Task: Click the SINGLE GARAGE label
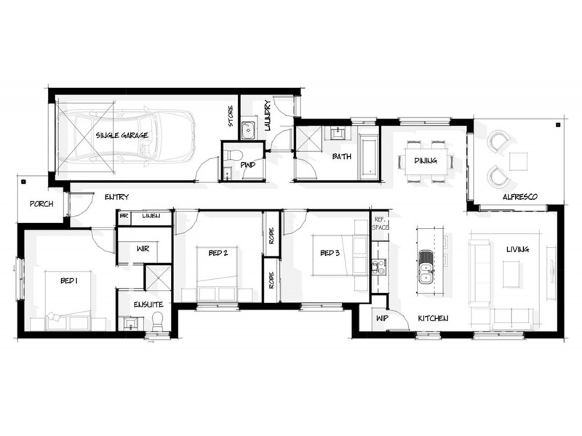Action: click(121, 135)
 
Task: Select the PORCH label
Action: click(41, 204)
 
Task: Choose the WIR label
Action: click(143, 249)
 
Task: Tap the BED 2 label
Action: click(218, 253)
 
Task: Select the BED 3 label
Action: click(330, 253)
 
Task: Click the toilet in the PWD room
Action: click(231, 156)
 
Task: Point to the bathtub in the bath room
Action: click(368, 156)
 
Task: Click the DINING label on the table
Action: click(425, 161)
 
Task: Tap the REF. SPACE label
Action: click(380, 224)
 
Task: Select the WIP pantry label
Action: click(380, 319)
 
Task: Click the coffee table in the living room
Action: click(513, 274)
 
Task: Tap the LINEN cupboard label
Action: click(151, 216)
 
